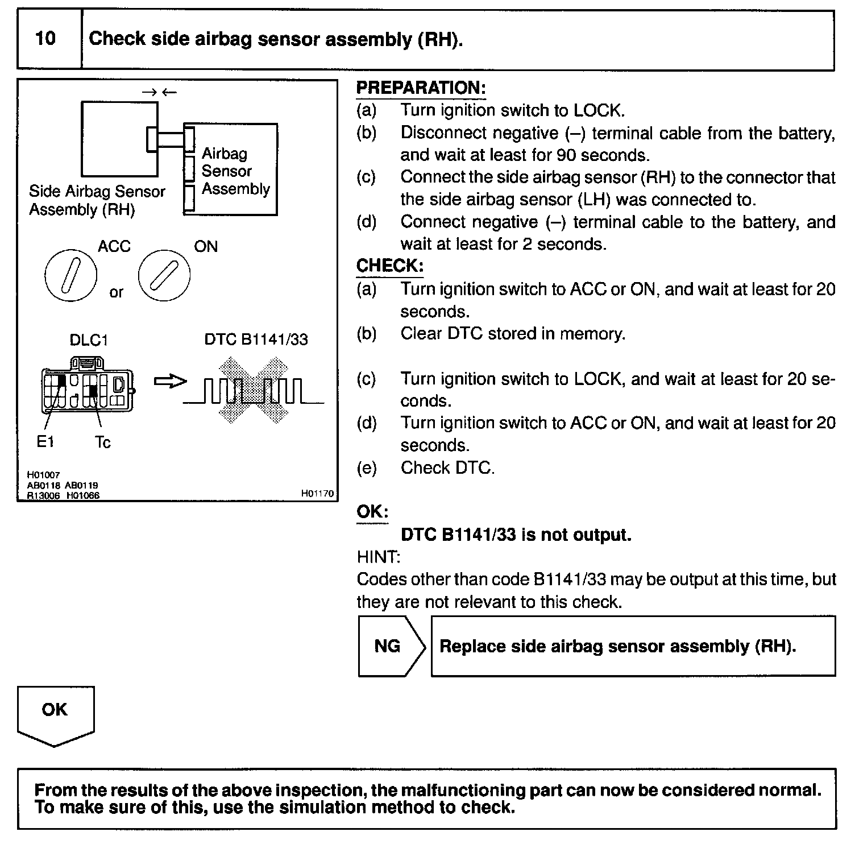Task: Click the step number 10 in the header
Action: [45, 39]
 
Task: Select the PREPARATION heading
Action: [421, 88]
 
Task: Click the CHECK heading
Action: [389, 266]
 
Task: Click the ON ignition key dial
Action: [164, 275]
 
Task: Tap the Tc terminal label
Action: [103, 442]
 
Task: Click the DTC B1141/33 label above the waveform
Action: [256, 340]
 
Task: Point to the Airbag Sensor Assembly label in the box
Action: [235, 171]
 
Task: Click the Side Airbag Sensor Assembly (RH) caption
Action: [97, 201]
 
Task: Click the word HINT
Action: [378, 557]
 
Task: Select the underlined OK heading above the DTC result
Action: [372, 512]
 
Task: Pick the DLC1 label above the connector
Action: [89, 340]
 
